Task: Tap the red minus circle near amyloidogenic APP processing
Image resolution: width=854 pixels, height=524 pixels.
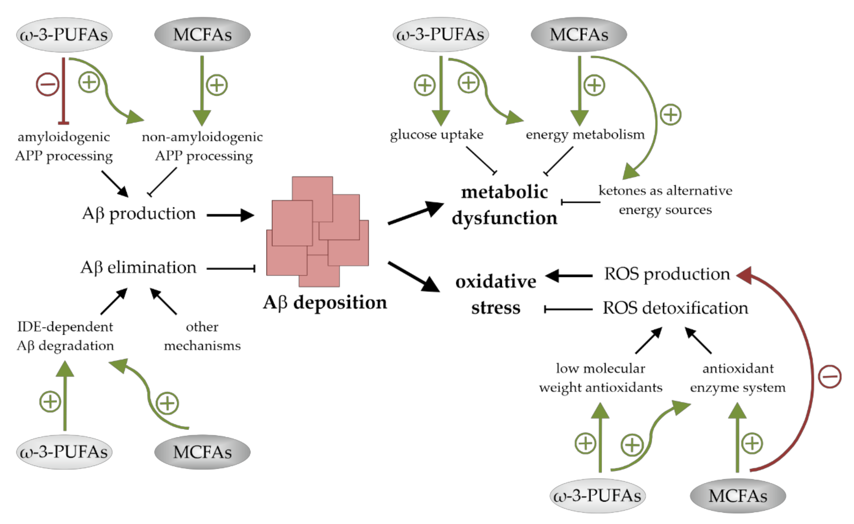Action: coord(48,84)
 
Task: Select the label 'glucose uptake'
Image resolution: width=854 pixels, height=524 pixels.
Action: coord(436,135)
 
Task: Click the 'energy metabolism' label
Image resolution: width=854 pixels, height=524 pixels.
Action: coord(585,135)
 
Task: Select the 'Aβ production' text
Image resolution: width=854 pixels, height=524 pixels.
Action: coord(139,214)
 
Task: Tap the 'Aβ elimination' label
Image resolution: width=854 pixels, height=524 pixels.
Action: coord(138,268)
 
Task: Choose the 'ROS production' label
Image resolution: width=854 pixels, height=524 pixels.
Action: coord(667,274)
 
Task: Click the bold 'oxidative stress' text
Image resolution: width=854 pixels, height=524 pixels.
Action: coord(496,294)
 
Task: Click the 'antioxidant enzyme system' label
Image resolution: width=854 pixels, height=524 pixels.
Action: coord(738,378)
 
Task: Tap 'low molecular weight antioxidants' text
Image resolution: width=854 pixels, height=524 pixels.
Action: coord(600,378)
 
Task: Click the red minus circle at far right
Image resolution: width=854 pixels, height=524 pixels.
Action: coord(829,376)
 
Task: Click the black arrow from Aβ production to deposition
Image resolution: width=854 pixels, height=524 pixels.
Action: coord(230,215)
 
